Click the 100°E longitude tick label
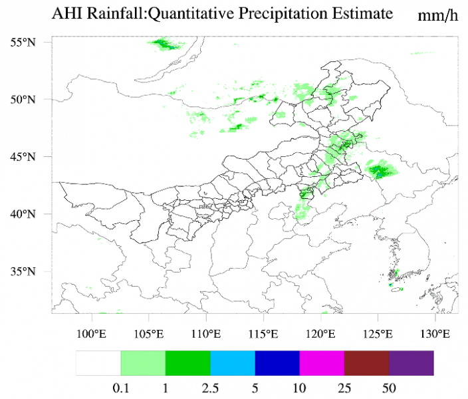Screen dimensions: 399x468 pyautogui.click(x=92, y=333)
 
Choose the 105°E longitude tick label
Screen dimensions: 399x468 pyautogui.click(x=149, y=333)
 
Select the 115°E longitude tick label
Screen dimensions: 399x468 pyautogui.click(x=263, y=333)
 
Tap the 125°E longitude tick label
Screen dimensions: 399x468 pyautogui.click(x=377, y=333)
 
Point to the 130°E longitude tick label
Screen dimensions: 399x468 pyautogui.click(x=434, y=333)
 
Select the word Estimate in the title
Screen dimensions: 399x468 pyautogui.click(x=363, y=14)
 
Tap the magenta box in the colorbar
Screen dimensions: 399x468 pyautogui.click(x=322, y=363)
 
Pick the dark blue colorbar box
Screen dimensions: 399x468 pyautogui.click(x=277, y=363)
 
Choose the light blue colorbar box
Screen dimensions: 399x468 pyautogui.click(x=233, y=363)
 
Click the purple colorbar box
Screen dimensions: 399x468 pyautogui.click(x=411, y=363)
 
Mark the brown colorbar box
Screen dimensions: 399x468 pyautogui.click(x=367, y=363)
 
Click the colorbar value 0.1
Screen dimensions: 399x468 pyautogui.click(x=120, y=386)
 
